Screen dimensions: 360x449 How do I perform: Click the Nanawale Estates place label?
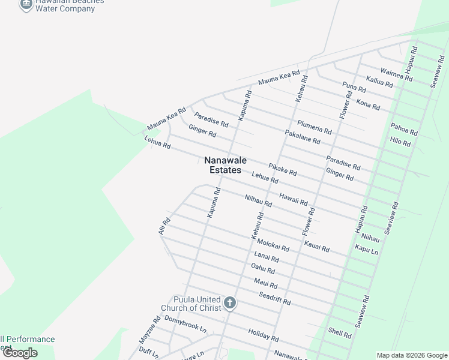[x=226, y=165]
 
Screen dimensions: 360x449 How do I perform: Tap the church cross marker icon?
[x=230, y=304]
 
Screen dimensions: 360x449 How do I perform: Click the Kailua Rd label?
[x=379, y=82]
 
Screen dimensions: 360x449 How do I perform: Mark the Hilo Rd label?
[x=400, y=143]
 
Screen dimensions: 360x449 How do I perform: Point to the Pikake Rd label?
[x=283, y=169]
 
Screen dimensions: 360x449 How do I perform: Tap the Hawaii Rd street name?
[x=294, y=199]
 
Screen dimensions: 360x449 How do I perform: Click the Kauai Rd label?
[x=316, y=245]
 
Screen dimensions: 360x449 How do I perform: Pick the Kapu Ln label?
[x=366, y=248]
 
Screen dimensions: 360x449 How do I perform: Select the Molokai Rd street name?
[x=273, y=245]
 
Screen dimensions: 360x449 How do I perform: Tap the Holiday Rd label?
[x=263, y=335]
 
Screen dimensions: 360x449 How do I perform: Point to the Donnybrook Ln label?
[x=184, y=325]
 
